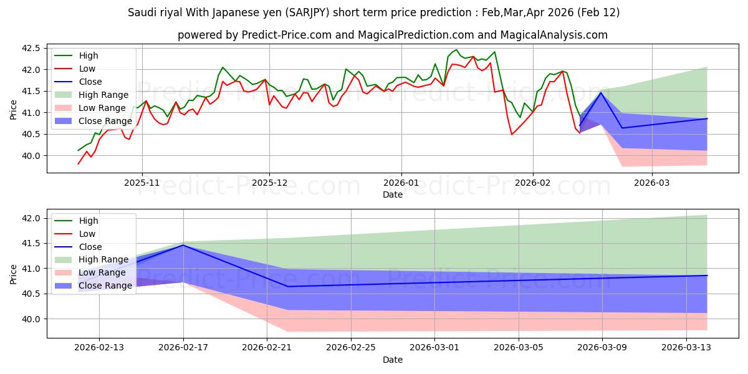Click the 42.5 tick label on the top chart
[x=31, y=48]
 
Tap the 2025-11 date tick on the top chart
[x=142, y=183]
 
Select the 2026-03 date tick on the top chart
[x=652, y=183]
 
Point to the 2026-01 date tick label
[x=401, y=183]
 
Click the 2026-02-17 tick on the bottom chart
[x=183, y=348]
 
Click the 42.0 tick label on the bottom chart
[x=31, y=218]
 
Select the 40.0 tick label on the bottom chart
[x=31, y=319]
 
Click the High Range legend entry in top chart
[x=98, y=95]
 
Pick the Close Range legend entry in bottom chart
[x=105, y=285]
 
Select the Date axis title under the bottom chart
[x=392, y=360]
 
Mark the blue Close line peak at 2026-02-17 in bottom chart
[x=183, y=245]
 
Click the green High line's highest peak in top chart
[x=456, y=50]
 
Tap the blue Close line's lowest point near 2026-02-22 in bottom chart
[x=287, y=287]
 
